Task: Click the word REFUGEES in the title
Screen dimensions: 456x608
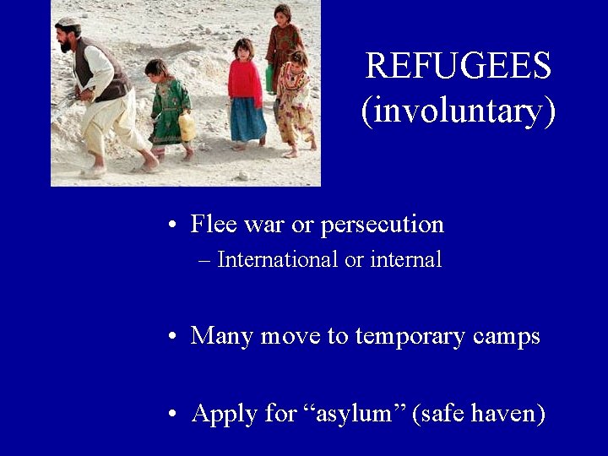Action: tap(458, 66)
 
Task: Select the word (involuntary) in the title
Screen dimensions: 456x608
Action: tap(458, 111)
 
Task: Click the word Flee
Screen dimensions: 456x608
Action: tap(214, 225)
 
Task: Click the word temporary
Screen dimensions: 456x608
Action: tap(410, 336)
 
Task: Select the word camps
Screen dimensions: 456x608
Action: tap(506, 336)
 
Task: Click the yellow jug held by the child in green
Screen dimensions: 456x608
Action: tap(187, 128)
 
